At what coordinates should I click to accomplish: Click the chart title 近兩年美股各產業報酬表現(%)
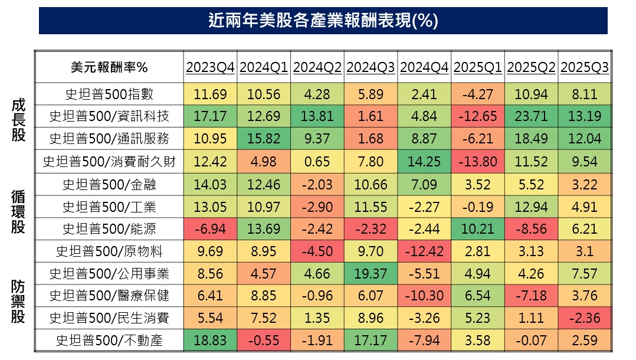tap(323, 21)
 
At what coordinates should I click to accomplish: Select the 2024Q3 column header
tap(371, 67)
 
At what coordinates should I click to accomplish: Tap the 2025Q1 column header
tap(477, 67)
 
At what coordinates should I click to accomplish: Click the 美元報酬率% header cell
tap(109, 67)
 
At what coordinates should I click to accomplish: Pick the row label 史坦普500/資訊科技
tap(109, 116)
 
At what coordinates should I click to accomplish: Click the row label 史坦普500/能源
tap(109, 228)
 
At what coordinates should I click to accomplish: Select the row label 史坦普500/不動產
tap(109, 341)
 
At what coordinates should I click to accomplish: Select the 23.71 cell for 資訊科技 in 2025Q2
tap(531, 116)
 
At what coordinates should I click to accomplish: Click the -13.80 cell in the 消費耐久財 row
tap(477, 161)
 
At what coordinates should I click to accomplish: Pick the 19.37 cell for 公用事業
tap(371, 273)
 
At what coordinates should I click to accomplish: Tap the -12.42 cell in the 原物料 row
tap(424, 251)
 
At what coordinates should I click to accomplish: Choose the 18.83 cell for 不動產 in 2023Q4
tap(209, 341)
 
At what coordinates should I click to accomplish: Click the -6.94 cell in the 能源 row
tap(209, 228)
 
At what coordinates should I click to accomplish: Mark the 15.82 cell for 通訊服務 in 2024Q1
tap(263, 139)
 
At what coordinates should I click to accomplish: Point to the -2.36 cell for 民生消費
tap(585, 318)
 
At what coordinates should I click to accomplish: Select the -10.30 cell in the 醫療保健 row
tap(424, 296)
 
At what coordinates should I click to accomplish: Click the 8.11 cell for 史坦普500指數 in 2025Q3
tap(585, 94)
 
